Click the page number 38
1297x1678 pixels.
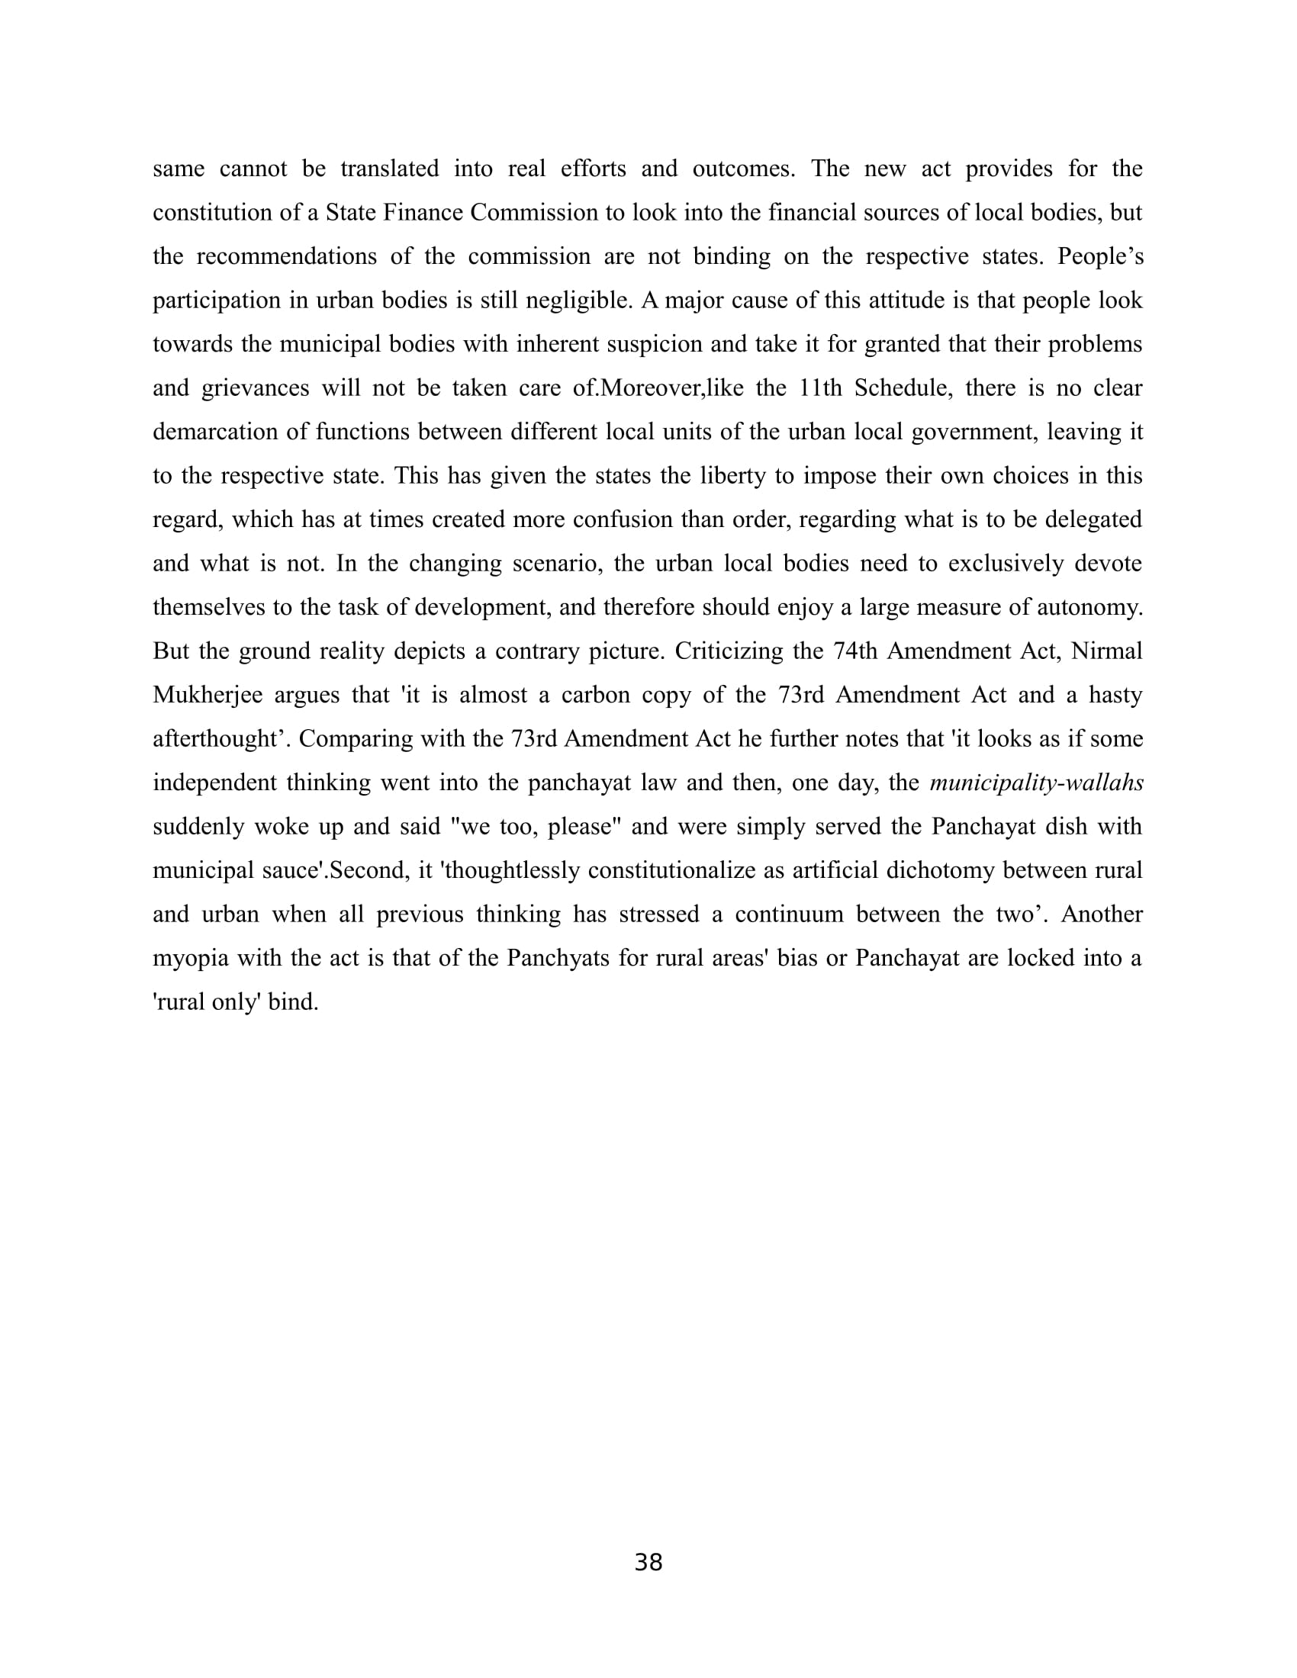pyautogui.click(x=648, y=1562)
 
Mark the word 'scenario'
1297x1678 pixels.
pyautogui.click(x=555, y=563)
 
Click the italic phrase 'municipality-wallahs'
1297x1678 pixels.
pyautogui.click(x=1036, y=783)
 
